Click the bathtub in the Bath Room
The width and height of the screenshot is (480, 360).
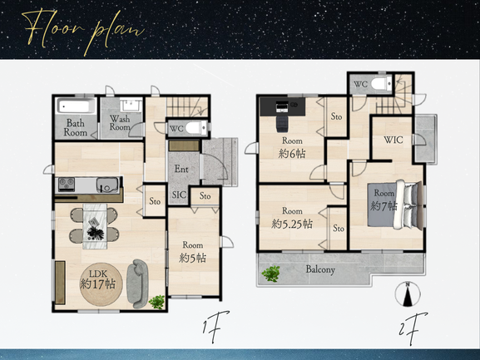76,106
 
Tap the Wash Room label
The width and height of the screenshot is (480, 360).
120,123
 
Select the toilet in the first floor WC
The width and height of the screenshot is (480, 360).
196,127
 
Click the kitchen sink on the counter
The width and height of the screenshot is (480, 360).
107,185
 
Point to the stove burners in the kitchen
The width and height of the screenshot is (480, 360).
67,184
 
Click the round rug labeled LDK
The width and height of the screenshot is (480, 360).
101,284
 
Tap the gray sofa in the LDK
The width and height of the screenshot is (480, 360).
138,284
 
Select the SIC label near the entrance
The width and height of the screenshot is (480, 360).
179,195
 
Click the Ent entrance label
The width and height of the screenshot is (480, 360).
181,169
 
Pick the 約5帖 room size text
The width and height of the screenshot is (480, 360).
192,258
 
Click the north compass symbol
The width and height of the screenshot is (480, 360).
408,294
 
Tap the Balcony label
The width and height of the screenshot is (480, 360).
320,269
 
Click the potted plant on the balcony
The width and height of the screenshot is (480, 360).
271,274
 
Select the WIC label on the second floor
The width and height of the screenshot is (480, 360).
393,140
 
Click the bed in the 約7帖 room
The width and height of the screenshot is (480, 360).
395,205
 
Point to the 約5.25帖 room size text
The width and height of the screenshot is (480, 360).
292,224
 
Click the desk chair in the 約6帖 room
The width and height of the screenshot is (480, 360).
282,123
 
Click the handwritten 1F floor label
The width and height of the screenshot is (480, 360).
215,327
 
